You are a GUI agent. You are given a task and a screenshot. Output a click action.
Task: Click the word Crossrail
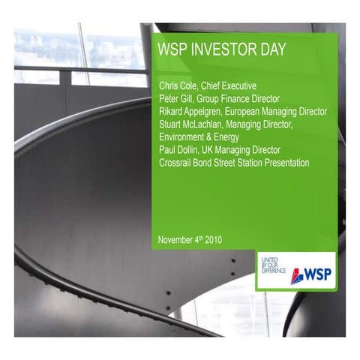(177, 162)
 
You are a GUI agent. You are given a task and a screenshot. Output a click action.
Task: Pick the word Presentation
(283, 162)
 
